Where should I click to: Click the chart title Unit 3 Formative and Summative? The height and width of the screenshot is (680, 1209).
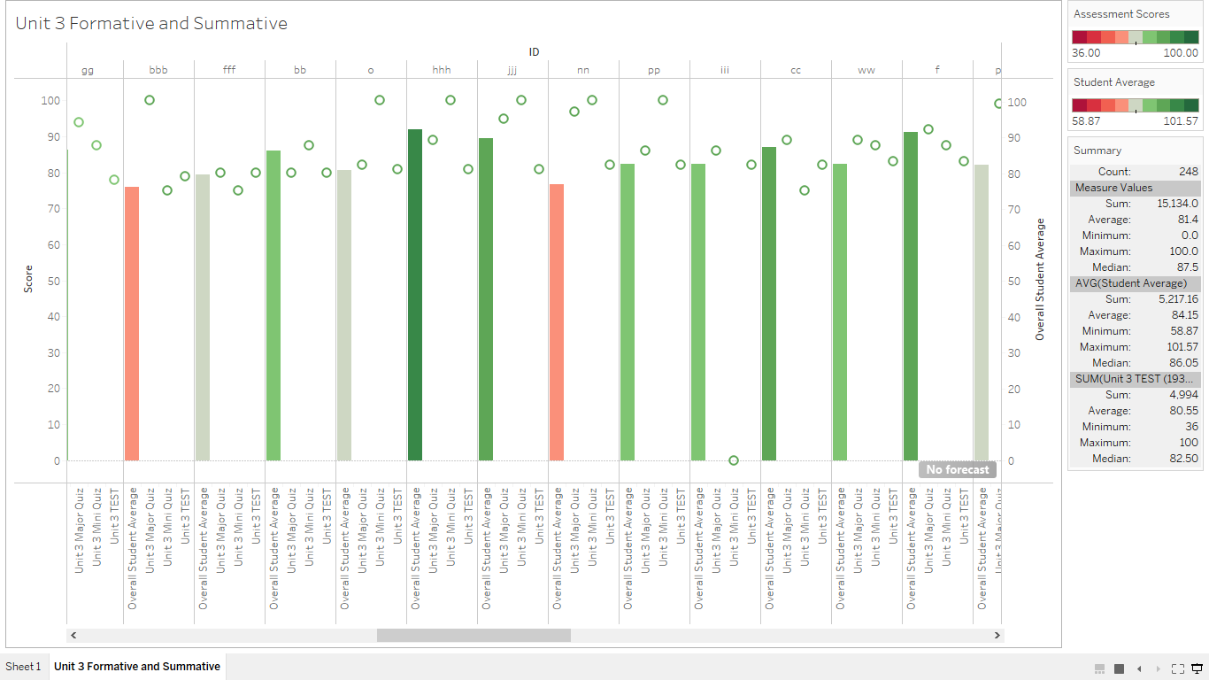tap(151, 24)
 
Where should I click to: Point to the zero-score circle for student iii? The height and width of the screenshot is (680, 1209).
tap(734, 460)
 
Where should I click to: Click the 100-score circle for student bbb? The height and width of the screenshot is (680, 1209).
tap(150, 100)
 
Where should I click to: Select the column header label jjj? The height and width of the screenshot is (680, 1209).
tap(512, 70)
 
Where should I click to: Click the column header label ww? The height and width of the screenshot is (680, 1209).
tap(866, 70)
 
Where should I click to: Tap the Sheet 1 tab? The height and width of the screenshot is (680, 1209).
tap(23, 667)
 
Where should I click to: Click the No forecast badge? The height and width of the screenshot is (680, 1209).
tap(957, 469)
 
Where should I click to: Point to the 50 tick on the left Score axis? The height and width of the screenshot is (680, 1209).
tap(50, 281)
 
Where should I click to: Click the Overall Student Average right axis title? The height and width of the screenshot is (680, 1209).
tap(1040, 279)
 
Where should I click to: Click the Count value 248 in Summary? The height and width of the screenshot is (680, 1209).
tap(1188, 172)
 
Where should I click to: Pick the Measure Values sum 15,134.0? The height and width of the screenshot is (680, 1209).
tap(1177, 204)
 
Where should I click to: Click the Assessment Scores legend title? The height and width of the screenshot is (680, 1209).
tap(1121, 14)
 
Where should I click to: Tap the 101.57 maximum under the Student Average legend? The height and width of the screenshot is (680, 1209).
tap(1181, 121)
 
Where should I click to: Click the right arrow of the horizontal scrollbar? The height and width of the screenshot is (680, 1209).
tap(997, 636)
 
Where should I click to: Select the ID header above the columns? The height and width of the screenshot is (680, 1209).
tap(534, 52)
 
